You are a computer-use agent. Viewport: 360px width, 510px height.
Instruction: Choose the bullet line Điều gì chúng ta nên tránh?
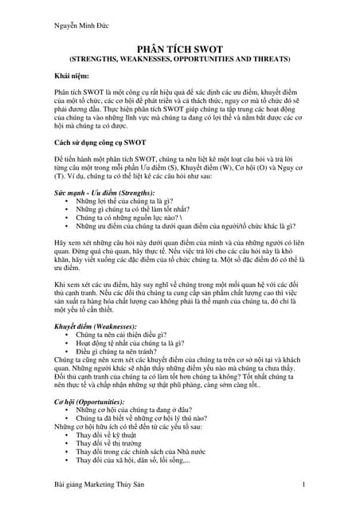[x=116, y=351]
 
